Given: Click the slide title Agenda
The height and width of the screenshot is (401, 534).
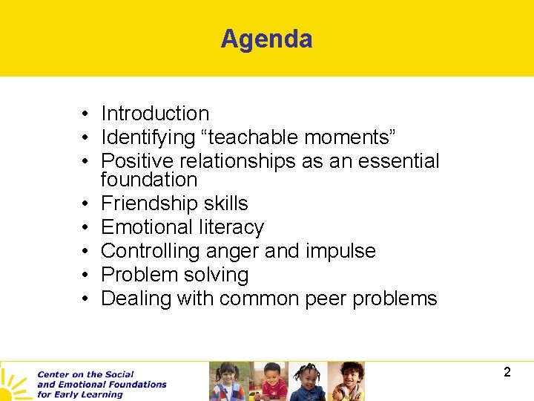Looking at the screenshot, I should [266, 39].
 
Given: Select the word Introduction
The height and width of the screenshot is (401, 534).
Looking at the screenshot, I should [155, 114].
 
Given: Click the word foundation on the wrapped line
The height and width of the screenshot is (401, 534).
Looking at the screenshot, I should [149, 180].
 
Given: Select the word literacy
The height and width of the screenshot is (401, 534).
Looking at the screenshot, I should [228, 227].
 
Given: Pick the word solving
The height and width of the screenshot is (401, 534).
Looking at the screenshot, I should [215, 275].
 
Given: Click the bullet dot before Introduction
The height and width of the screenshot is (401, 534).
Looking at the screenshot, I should [87, 114].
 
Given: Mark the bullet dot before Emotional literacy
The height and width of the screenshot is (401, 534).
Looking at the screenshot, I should [87, 228].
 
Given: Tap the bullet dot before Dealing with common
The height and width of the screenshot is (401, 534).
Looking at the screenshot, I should [87, 299].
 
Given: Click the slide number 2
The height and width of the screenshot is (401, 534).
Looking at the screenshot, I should [507, 373].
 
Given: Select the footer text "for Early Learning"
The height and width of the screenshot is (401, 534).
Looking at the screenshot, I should [80, 394].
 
